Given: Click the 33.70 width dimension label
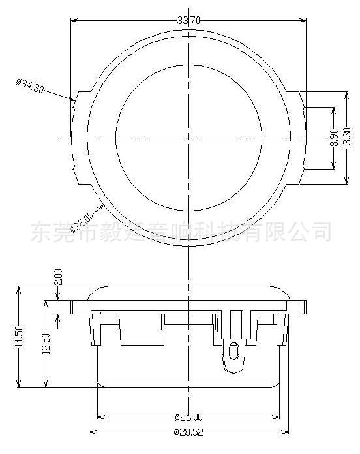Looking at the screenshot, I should pyautogui.click(x=188, y=21).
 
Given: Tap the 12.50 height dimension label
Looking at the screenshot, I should pyautogui.click(x=46, y=342).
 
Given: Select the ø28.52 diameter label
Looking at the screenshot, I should pyautogui.click(x=188, y=433).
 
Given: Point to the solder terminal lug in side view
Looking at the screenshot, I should pyautogui.click(x=232, y=356).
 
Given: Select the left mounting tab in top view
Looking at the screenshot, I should pyautogui.click(x=80, y=138).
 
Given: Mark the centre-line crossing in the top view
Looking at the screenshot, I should pyautogui.click(x=188, y=138).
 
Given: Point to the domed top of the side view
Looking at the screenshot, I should pyautogui.click(x=188, y=288).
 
